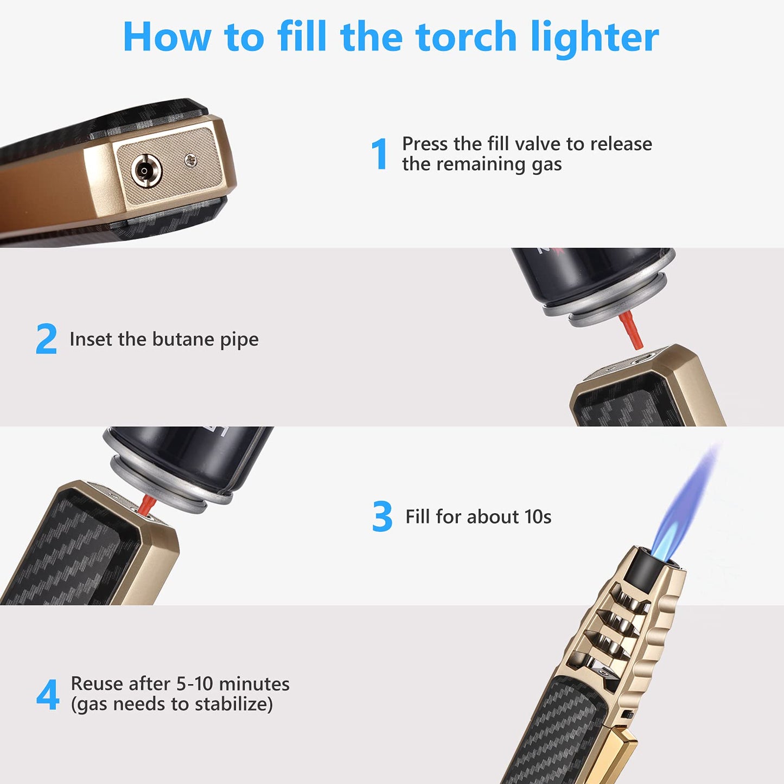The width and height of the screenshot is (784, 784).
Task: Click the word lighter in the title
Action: [x=595, y=38]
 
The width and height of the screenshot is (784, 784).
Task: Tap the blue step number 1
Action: [x=380, y=154]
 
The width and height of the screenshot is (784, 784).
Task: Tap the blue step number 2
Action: [x=46, y=339]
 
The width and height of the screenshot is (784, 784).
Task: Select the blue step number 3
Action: [x=383, y=517]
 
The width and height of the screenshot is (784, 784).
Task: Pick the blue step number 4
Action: [x=48, y=694]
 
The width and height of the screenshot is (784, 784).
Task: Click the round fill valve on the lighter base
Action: [x=145, y=170]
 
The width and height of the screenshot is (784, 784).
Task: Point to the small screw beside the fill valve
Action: [x=190, y=160]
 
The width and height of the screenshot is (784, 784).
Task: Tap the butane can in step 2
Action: [x=591, y=277]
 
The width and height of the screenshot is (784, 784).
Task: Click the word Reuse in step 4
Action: [x=93, y=684]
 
